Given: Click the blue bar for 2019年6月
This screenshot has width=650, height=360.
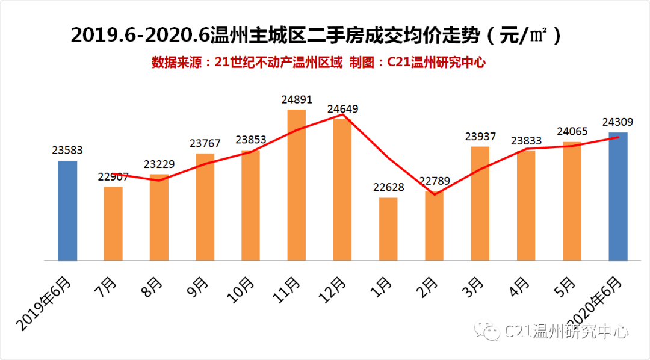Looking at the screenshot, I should (x=67, y=211).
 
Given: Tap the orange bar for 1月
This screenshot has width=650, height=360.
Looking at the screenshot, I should (x=388, y=229).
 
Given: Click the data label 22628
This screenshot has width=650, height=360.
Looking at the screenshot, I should (x=388, y=187).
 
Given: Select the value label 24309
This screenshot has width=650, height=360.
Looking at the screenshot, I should (x=618, y=122).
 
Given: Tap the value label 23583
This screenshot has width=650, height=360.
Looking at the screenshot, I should (x=67, y=151).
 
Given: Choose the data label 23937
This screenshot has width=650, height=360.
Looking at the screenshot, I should (x=480, y=137).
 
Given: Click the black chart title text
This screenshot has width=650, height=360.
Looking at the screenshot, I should (x=316, y=36).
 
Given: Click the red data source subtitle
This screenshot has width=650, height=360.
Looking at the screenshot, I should (x=318, y=62).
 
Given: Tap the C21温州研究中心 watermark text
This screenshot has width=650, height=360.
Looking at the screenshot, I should (x=566, y=331).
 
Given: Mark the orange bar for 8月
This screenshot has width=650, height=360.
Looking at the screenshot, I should (x=159, y=217).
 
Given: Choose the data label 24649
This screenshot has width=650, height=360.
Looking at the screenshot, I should (x=342, y=110).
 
